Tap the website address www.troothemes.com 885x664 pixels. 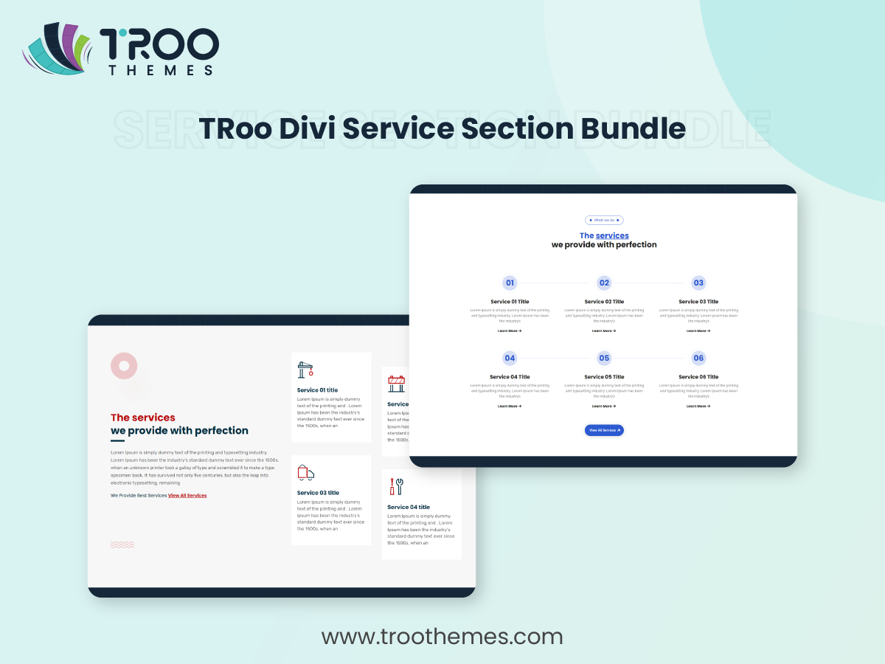pos(442,636)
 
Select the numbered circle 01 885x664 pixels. pos(510,283)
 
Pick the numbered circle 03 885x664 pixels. pos(698,283)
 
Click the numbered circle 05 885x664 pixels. pos(604,358)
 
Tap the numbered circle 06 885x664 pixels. pos(698,358)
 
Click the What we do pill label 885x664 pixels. pos(604,220)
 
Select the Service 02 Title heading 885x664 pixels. pos(604,302)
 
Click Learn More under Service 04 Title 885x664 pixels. pos(510,406)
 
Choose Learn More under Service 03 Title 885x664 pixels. pos(698,331)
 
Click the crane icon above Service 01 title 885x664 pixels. pos(305,370)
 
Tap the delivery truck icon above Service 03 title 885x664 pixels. pos(305,473)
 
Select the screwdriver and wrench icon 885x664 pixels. pos(396,486)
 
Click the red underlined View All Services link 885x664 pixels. pos(187,496)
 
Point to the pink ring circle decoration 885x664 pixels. pos(124,366)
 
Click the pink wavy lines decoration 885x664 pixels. pos(122,544)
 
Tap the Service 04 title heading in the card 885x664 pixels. pos(409,508)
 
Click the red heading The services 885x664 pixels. pos(143,418)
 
